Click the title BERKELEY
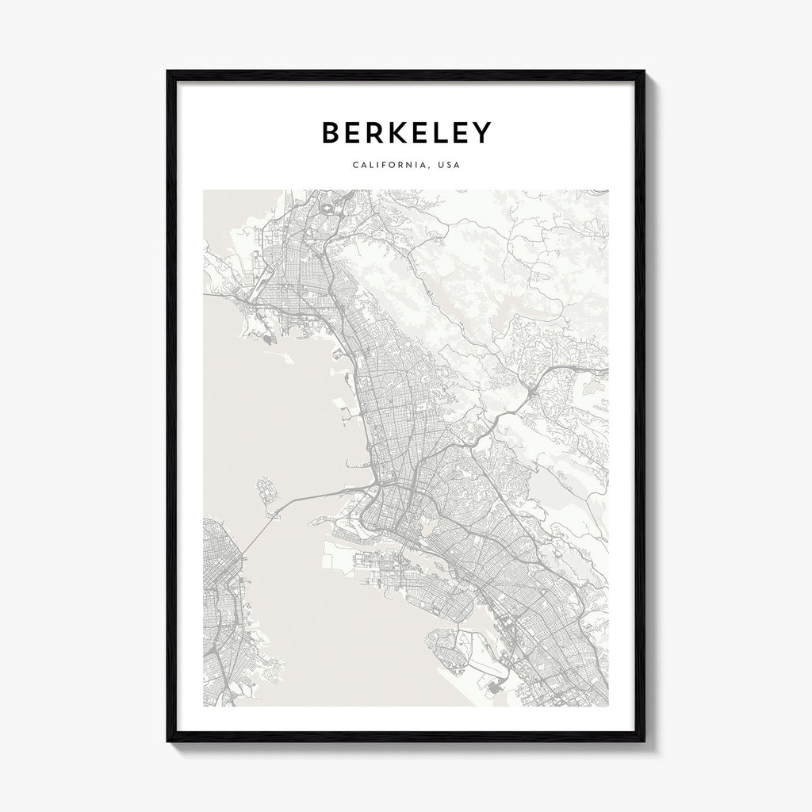click(406, 133)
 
